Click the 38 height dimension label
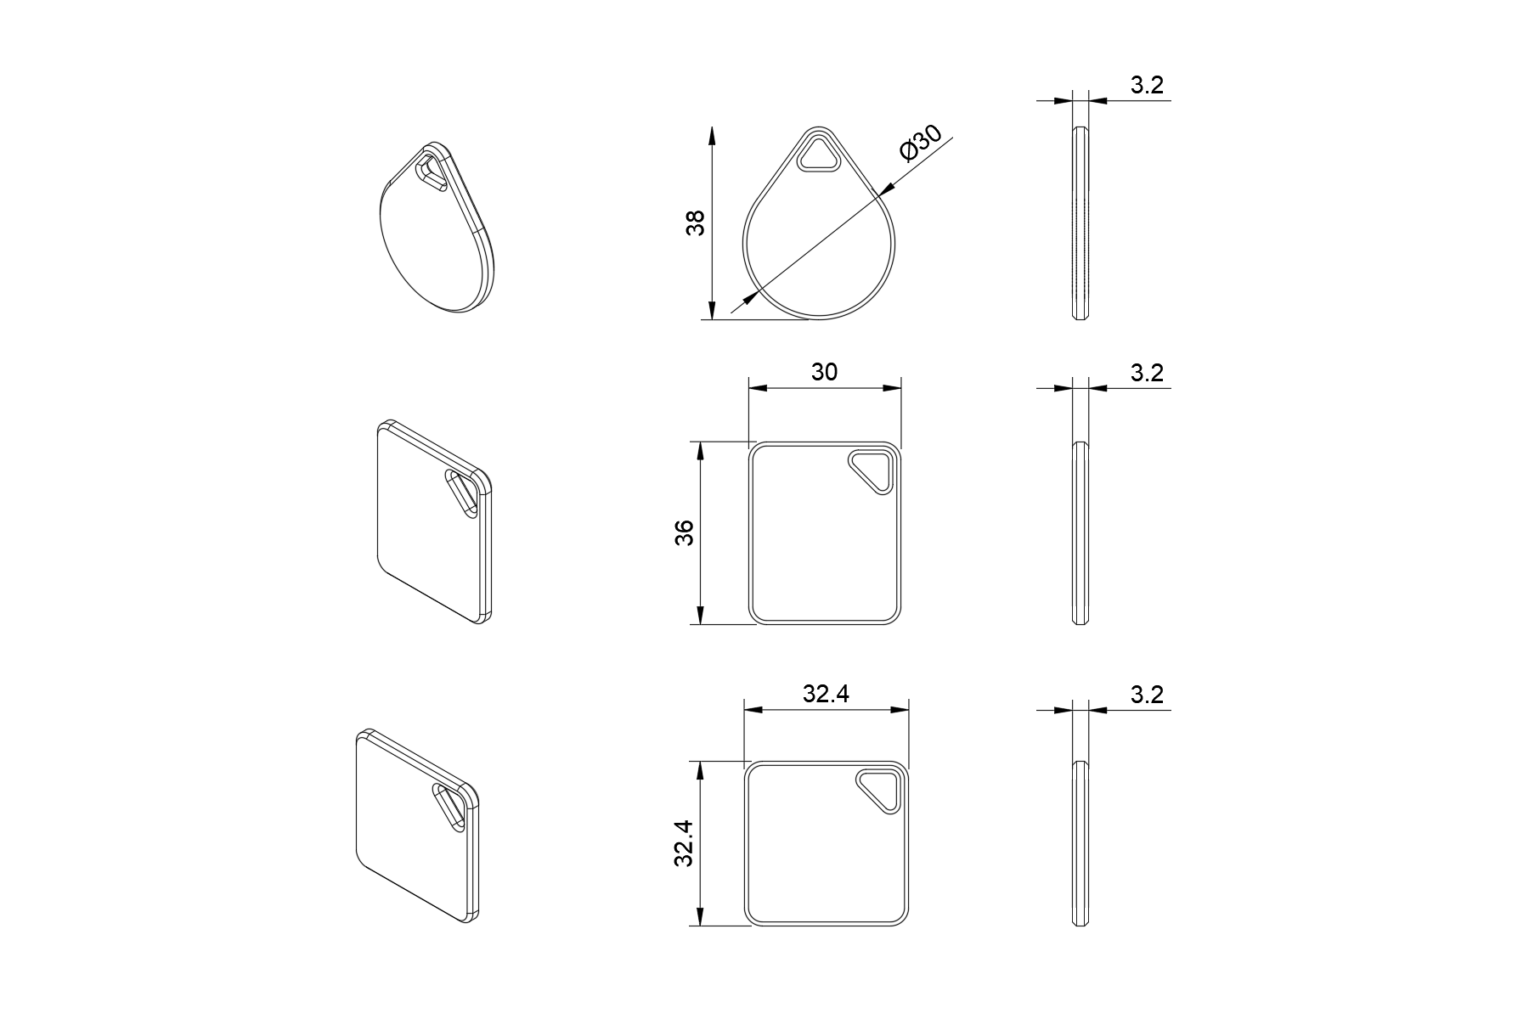click(x=696, y=223)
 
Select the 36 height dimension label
click(x=685, y=532)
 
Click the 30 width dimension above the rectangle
click(x=824, y=372)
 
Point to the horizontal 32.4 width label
click(x=827, y=694)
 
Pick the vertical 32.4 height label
click(x=685, y=842)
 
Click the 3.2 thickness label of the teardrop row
click(x=1147, y=85)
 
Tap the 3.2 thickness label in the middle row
click(x=1147, y=373)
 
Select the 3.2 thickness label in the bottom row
click(x=1147, y=695)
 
